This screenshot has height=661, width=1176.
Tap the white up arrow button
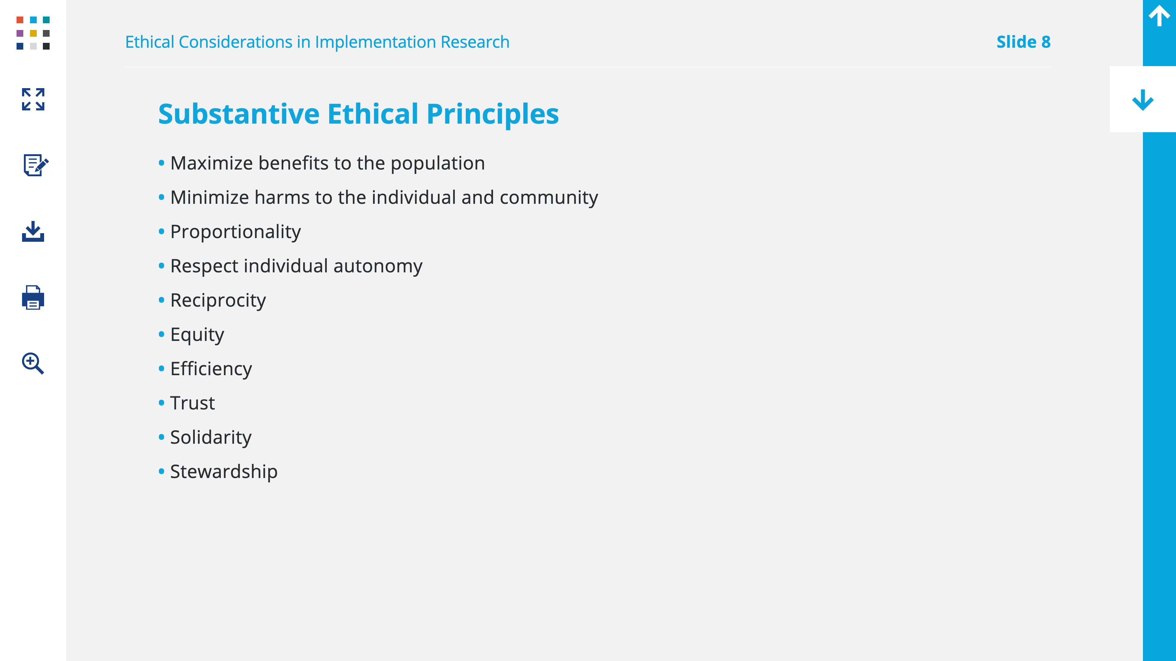1159,16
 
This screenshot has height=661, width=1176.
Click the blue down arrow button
1143,100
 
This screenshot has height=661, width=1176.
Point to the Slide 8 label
1023,42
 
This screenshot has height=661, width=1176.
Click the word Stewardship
224,472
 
